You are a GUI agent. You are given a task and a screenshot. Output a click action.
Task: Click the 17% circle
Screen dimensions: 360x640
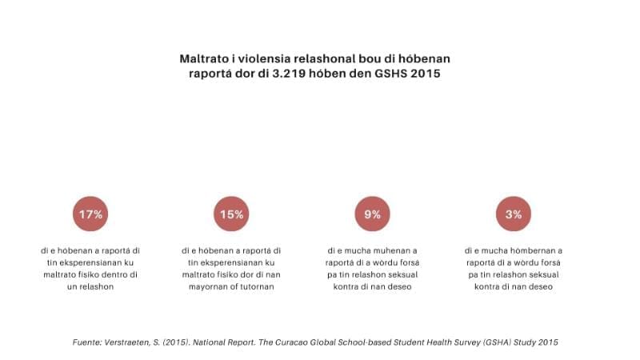click(90, 214)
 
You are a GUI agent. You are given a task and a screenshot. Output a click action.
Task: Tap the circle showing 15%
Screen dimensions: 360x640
click(231, 214)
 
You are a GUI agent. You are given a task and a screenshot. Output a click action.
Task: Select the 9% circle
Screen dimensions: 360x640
click(372, 214)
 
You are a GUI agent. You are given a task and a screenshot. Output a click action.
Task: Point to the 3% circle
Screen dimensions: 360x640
click(514, 214)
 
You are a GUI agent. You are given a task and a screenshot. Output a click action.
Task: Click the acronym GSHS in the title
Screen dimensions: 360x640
click(394, 74)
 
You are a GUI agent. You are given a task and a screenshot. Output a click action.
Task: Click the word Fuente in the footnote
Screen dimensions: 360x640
click(86, 342)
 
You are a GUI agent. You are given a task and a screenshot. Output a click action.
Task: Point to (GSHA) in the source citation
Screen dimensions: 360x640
click(494, 342)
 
